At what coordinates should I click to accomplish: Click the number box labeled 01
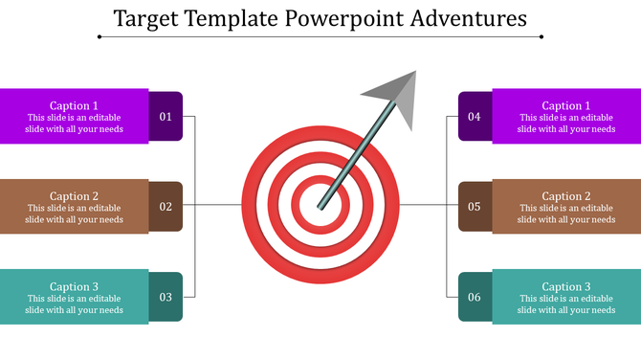click(x=166, y=117)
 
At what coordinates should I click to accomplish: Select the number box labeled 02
click(x=166, y=206)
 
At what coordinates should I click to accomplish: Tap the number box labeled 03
click(x=166, y=297)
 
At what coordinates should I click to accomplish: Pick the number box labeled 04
click(x=475, y=117)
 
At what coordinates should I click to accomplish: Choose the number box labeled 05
click(x=475, y=206)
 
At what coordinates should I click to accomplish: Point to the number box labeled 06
click(x=475, y=297)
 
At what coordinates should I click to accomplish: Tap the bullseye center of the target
click(x=319, y=204)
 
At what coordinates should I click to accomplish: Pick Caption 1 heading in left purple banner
click(x=74, y=105)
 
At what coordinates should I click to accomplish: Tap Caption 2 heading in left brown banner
click(x=74, y=196)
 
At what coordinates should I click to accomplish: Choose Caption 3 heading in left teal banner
click(x=74, y=286)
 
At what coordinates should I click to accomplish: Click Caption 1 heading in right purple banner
click(x=566, y=105)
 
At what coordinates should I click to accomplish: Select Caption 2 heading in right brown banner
click(x=566, y=196)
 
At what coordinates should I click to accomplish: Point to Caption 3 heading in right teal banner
click(x=566, y=286)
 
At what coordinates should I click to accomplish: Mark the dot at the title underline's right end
click(x=542, y=37)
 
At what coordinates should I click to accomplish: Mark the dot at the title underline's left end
click(x=99, y=37)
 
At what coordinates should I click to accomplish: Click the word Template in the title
click(x=230, y=18)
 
